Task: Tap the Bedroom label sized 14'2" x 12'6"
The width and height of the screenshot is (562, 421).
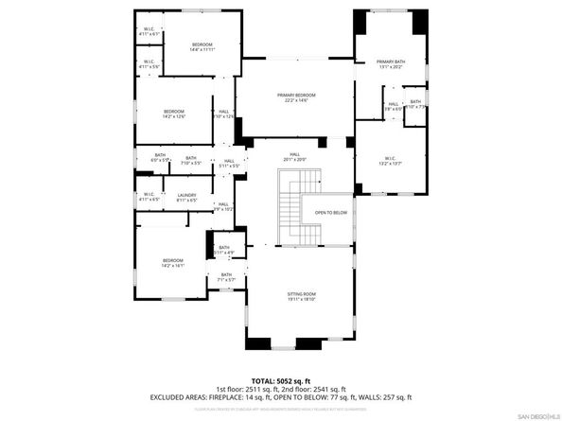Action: point(172,114)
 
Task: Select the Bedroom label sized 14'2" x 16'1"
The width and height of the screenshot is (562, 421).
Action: point(172,263)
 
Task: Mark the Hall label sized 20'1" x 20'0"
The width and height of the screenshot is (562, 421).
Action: point(294,157)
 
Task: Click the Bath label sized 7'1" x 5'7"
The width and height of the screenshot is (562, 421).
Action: point(226,277)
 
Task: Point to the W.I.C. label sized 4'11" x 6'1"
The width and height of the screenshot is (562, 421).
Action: point(149,32)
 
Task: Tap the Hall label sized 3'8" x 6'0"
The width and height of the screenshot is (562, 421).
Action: point(393,107)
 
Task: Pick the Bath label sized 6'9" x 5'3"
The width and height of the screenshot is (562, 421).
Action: point(160,158)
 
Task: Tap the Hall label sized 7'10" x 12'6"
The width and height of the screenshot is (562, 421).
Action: point(224,114)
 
